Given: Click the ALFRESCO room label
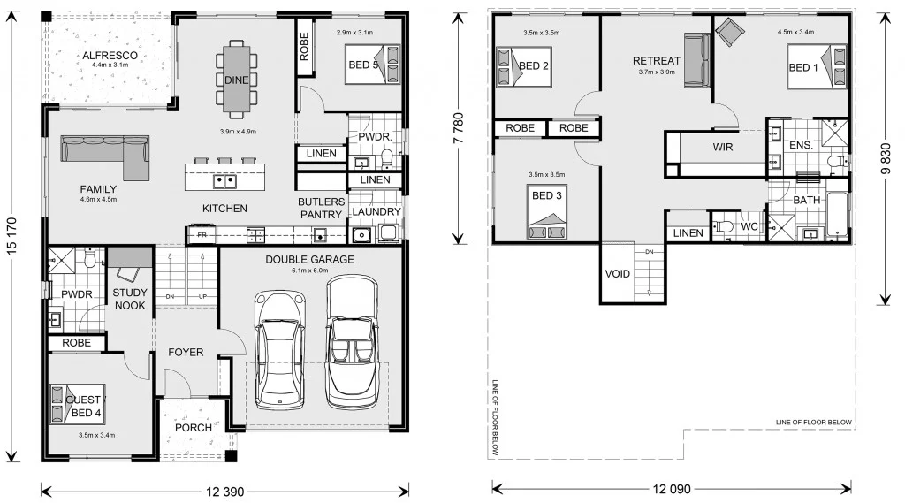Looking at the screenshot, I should click(x=110, y=55).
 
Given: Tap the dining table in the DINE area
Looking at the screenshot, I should click(x=236, y=79).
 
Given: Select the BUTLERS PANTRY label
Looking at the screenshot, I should click(x=320, y=208).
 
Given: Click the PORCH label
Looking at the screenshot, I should click(x=194, y=428).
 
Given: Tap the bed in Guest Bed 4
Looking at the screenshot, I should click(x=77, y=400).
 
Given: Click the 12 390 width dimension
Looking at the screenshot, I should click(x=226, y=490).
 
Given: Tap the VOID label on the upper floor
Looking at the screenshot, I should click(x=618, y=274).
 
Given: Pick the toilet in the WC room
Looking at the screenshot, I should click(x=725, y=226).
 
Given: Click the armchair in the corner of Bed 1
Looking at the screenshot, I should click(x=731, y=33).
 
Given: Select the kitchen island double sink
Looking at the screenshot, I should click(x=224, y=182).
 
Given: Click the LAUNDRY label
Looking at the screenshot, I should click(x=376, y=212).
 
